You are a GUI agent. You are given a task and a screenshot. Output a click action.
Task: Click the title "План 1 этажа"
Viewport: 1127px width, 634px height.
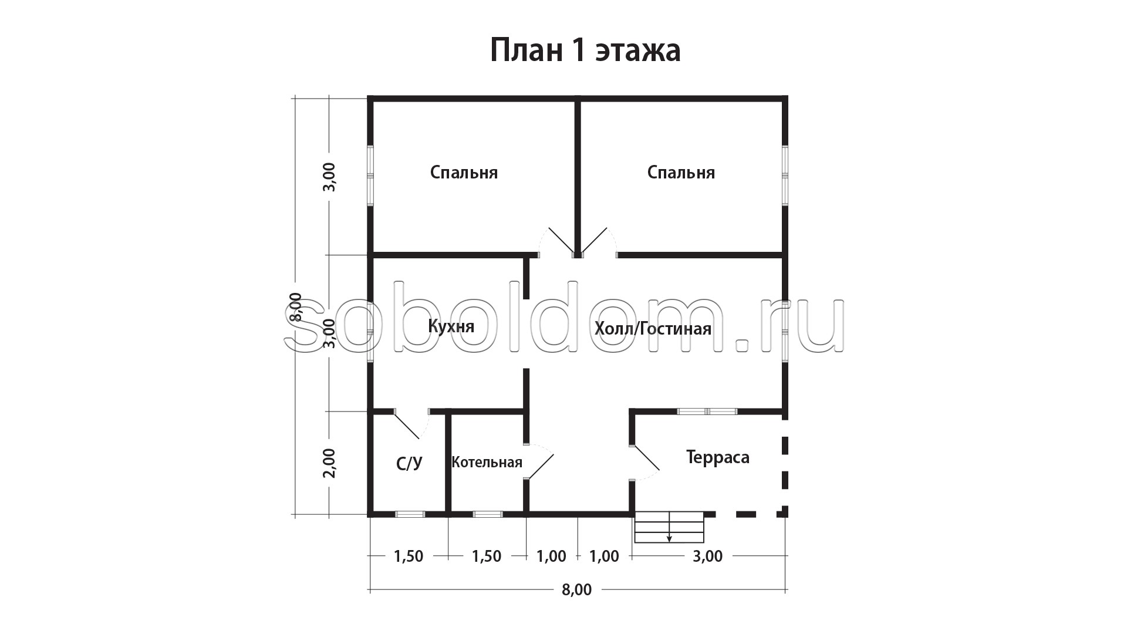585,51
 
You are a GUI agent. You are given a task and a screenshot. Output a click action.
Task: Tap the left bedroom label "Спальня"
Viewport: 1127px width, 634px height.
464,173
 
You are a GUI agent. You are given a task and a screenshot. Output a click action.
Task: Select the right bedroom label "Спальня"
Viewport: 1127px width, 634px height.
681,173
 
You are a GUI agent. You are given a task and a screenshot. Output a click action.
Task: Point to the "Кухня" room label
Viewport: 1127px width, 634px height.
451,326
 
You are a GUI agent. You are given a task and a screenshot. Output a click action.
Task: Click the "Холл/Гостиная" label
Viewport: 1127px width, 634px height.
653,328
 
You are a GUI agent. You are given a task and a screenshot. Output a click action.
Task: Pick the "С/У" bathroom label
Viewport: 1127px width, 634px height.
409,464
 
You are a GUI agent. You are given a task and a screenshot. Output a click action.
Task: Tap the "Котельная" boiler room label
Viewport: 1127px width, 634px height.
487,462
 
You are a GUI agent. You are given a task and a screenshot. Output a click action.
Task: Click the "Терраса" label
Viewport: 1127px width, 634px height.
718,457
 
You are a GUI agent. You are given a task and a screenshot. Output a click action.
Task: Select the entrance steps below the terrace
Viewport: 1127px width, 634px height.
669,527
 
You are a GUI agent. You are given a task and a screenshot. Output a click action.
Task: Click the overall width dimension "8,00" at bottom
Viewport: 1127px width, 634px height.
576,590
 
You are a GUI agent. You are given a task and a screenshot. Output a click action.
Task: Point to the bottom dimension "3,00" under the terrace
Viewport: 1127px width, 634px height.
707,556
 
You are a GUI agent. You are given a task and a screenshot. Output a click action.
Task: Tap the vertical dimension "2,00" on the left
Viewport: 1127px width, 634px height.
330,463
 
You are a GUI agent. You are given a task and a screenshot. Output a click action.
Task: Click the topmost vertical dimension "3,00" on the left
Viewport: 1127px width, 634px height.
330,177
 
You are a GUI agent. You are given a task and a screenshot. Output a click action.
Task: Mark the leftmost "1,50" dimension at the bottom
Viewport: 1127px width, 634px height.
408,556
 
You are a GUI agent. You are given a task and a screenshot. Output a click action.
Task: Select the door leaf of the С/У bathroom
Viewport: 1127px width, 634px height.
407,426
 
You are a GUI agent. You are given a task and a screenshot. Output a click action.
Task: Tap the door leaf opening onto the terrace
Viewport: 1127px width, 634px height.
646,458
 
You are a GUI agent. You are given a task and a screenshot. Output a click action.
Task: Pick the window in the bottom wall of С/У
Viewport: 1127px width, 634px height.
410,514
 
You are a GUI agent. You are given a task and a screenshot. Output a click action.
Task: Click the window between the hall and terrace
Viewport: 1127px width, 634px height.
707,412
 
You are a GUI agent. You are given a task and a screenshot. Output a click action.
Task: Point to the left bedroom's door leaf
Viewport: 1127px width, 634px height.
561,241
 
